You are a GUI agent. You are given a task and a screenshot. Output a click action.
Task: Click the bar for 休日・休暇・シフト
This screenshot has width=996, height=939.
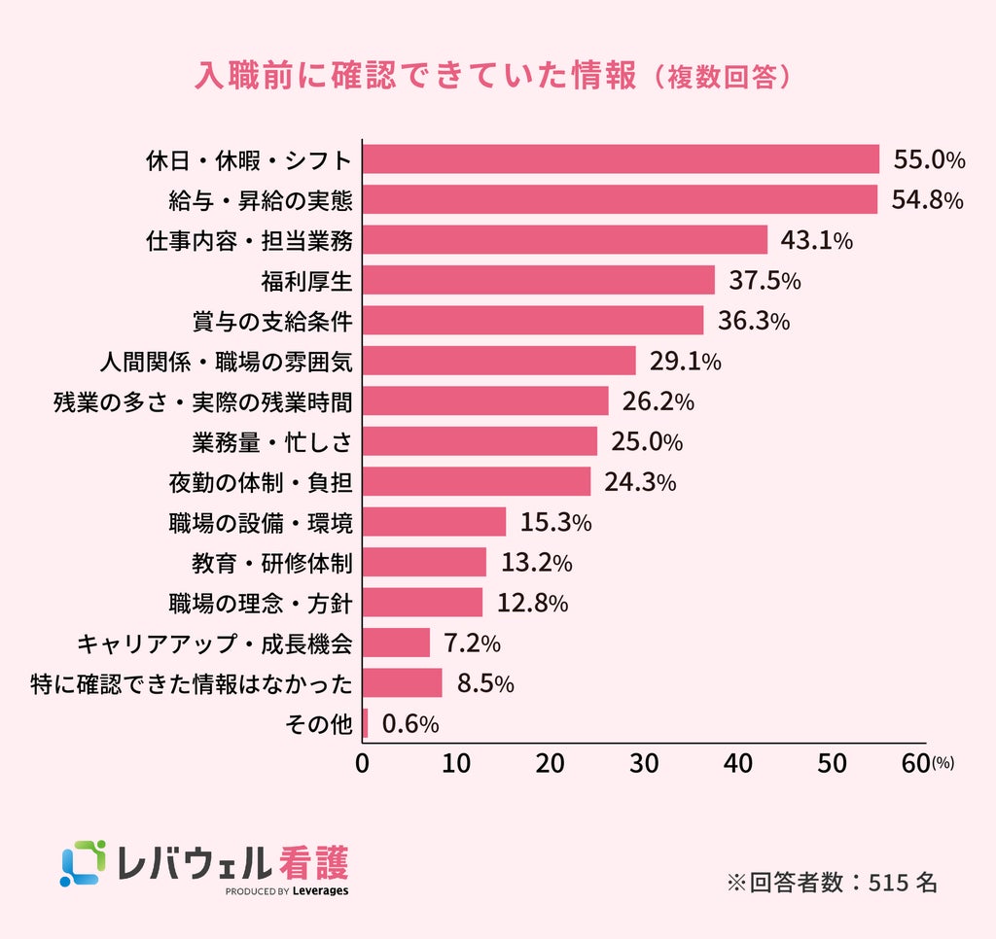coord(621,158)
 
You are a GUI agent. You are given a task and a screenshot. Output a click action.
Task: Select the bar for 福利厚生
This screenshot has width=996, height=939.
coord(539,280)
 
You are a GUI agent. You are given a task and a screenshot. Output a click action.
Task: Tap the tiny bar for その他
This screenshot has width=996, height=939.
coord(366,723)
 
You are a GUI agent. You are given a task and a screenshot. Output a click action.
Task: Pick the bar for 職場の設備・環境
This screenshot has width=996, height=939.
coord(435,522)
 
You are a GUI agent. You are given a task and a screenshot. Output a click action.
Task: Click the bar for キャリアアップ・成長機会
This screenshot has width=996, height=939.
coord(397,643)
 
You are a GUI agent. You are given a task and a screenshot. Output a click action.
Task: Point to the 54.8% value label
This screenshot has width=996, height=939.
coord(927,200)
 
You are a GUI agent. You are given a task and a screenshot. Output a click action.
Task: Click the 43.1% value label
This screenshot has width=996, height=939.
coord(816,240)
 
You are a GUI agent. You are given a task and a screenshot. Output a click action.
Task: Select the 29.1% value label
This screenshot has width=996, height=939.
coord(685,362)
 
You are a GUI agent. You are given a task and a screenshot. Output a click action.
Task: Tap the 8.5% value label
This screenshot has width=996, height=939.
coord(485,683)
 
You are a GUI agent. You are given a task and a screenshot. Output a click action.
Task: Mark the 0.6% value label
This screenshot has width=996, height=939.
coord(410,724)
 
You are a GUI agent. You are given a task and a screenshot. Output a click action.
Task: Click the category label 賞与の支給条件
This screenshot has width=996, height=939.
coord(272,321)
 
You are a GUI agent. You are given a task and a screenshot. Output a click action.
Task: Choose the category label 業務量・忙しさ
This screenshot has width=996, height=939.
coord(272,442)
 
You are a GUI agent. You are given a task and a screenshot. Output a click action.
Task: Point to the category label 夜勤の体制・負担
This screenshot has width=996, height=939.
coord(261,482)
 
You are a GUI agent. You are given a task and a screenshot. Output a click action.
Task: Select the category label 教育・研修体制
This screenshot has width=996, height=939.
coord(272,563)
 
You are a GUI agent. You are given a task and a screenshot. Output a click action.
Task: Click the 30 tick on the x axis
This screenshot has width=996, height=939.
coord(644,764)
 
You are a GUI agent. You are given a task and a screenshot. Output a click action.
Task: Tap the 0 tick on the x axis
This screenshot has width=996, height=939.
coord(362,764)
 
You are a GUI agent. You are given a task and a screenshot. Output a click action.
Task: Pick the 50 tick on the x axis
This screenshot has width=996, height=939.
coord(833,764)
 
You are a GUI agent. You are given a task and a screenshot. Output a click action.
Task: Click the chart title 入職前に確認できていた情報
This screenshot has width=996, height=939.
coord(414,76)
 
